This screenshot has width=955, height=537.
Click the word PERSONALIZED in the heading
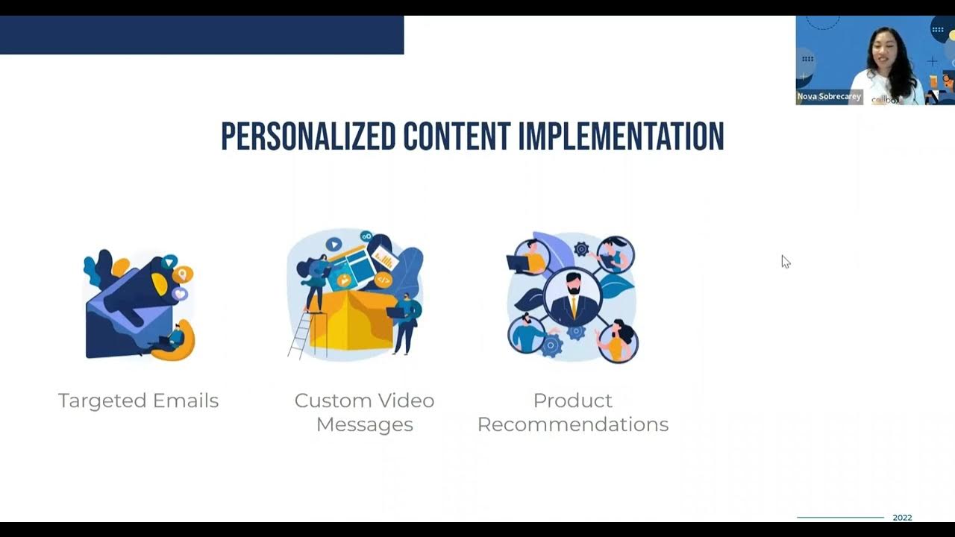coord(307,136)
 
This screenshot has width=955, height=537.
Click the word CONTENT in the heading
coord(457,136)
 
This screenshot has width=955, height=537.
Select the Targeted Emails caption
coord(138,401)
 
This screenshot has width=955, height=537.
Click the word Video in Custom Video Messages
coord(405,401)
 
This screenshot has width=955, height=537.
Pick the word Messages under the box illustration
coord(364,424)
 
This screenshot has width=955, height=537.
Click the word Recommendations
coord(573,424)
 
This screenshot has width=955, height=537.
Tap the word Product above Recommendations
coord(573,401)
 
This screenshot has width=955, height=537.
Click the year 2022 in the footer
coord(902,518)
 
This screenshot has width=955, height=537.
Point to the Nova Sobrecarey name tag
coord(829,97)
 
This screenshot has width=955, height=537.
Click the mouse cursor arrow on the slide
coord(785,261)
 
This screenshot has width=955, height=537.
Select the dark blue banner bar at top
coord(201,35)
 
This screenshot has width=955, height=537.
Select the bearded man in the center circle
coord(572,297)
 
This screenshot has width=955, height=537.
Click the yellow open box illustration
coord(351,321)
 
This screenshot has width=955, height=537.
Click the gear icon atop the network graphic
coord(581,248)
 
